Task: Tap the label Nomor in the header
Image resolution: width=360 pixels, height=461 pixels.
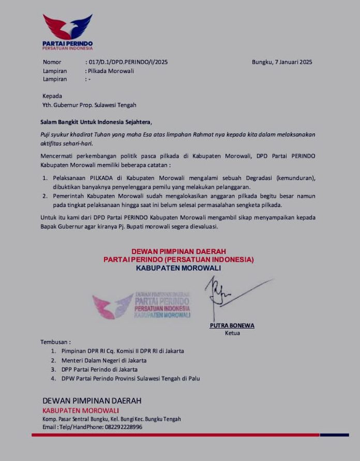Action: pyautogui.click(x=52, y=62)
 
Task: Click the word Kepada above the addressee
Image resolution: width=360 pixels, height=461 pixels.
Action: pyautogui.click(x=52, y=96)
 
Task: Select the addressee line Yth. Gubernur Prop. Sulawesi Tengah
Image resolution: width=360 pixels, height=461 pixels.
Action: pyautogui.click(x=89, y=105)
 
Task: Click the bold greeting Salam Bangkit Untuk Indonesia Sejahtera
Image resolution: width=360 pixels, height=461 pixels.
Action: pyautogui.click(x=96, y=122)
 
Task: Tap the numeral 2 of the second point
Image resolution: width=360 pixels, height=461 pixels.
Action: pyautogui.click(x=45, y=196)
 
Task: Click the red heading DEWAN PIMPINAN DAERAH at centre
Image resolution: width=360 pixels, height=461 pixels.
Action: pyautogui.click(x=178, y=251)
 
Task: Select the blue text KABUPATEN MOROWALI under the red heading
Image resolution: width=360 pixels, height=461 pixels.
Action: pyautogui.click(x=178, y=268)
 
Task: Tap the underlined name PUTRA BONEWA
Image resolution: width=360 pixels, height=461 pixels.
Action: pyautogui.click(x=232, y=325)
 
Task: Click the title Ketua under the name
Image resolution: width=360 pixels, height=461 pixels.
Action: pyautogui.click(x=232, y=333)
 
